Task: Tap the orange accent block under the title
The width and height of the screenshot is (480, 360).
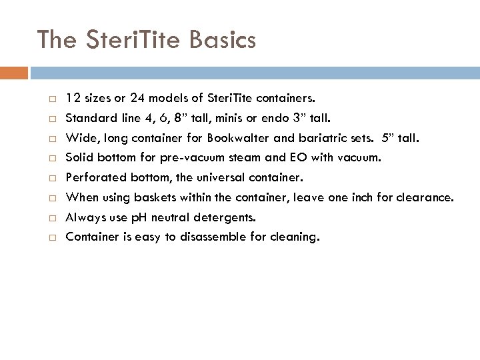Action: coord(14,72)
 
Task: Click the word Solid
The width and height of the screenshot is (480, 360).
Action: coord(79,159)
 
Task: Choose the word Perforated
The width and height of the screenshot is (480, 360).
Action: coord(93,178)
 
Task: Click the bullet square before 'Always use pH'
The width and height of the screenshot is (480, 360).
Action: coord(51,218)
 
